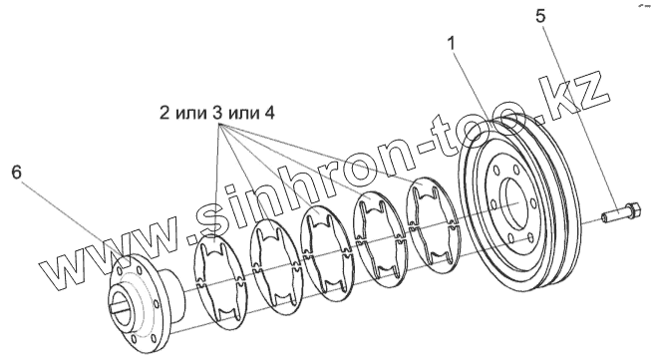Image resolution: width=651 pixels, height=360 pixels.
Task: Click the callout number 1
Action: pyautogui.click(x=451, y=43)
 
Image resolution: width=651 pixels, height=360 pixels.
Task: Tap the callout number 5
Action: pyautogui.click(x=540, y=16)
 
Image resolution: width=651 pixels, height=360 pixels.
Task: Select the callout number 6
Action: pyautogui.click(x=16, y=173)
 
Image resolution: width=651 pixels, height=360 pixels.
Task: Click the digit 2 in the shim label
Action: pyautogui.click(x=164, y=114)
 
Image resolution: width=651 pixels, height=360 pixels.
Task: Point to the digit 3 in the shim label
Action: pyautogui.click(x=217, y=114)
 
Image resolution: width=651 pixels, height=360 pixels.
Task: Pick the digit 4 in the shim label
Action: pyautogui.click(x=269, y=114)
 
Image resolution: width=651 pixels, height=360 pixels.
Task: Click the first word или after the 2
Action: pyautogui.click(x=191, y=115)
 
